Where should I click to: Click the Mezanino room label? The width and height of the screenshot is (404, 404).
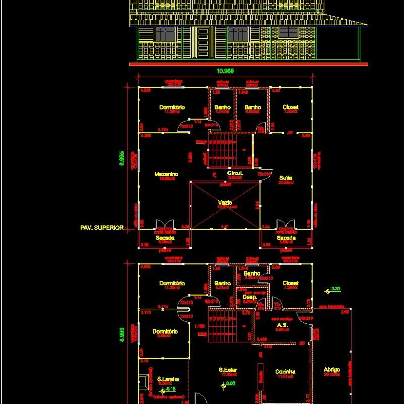pos(166,174)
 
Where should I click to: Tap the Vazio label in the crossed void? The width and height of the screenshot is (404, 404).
pos(225,202)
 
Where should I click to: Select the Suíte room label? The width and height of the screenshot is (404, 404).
pos(285,178)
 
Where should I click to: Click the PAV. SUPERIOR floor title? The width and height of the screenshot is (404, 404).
pos(102,228)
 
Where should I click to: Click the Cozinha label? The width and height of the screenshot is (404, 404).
pos(285,372)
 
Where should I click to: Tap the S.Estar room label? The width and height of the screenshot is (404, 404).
pos(228,370)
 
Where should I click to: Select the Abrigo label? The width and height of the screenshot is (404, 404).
pos(332,370)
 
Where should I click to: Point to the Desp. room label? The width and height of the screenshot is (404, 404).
pos(249,297)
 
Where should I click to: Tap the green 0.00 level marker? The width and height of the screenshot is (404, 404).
pos(230,384)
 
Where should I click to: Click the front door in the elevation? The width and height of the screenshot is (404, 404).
pos(203,42)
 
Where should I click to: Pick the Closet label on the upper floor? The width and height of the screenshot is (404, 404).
pos(290,107)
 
